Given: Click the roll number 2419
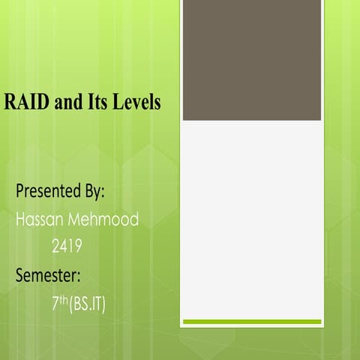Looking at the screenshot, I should (x=67, y=246).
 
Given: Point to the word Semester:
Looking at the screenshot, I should (x=54, y=274).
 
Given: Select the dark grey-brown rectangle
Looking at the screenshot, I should (x=252, y=60).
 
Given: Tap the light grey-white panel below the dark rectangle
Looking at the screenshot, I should (x=252, y=217).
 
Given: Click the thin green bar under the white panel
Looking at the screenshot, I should (x=252, y=322).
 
